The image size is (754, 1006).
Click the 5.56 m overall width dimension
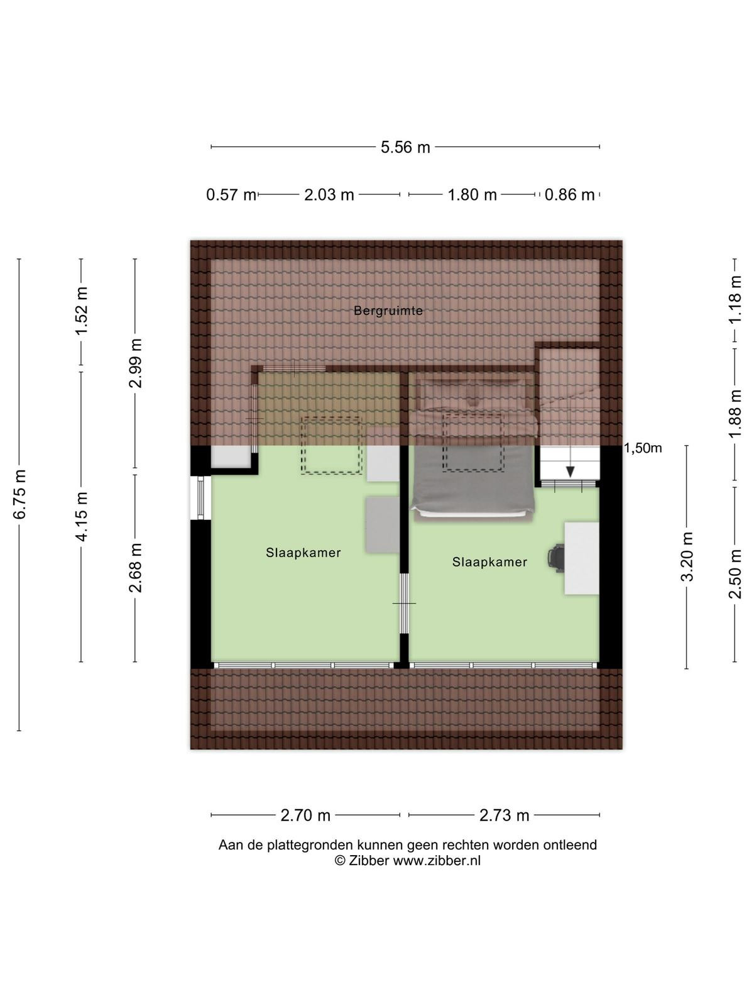click(405, 147)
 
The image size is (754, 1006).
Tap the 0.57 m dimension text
click(231, 195)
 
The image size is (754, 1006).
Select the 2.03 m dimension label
click(329, 195)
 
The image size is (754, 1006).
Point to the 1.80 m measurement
click(472, 195)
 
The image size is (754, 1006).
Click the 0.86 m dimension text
click(569, 195)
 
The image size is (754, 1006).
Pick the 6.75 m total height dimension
click(19, 494)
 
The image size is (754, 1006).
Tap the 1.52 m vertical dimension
click(82, 311)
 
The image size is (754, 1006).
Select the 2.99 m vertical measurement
click(136, 363)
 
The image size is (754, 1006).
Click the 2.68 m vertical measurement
click(136, 568)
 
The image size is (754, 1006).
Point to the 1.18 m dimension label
click(735, 299)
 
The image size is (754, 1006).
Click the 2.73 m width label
click(504, 815)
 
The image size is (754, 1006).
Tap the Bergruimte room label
click(388, 311)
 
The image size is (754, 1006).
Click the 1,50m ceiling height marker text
click(643, 448)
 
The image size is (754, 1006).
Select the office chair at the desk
click(556, 558)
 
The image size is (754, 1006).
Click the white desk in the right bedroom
click(581, 558)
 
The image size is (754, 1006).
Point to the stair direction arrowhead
click(570, 472)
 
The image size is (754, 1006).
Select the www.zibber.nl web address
click(437, 860)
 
